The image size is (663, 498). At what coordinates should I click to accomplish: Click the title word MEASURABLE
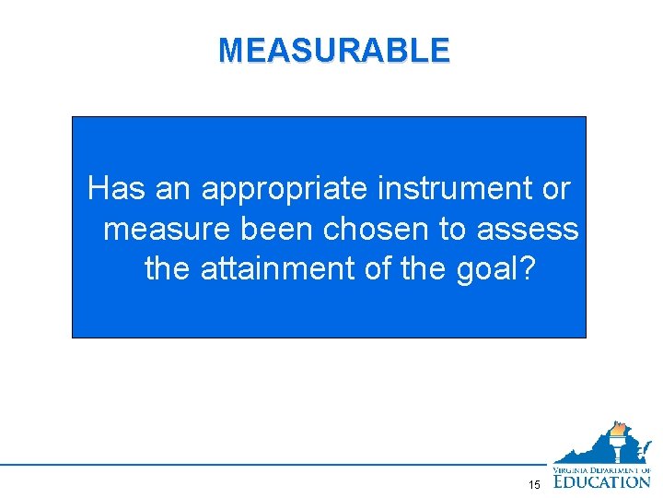pyautogui.click(x=334, y=51)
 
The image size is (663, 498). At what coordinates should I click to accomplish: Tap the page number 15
pyautogui.click(x=534, y=485)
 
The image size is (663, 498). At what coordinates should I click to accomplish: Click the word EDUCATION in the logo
pyautogui.click(x=602, y=480)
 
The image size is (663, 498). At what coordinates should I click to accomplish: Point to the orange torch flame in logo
pyautogui.click(x=617, y=429)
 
